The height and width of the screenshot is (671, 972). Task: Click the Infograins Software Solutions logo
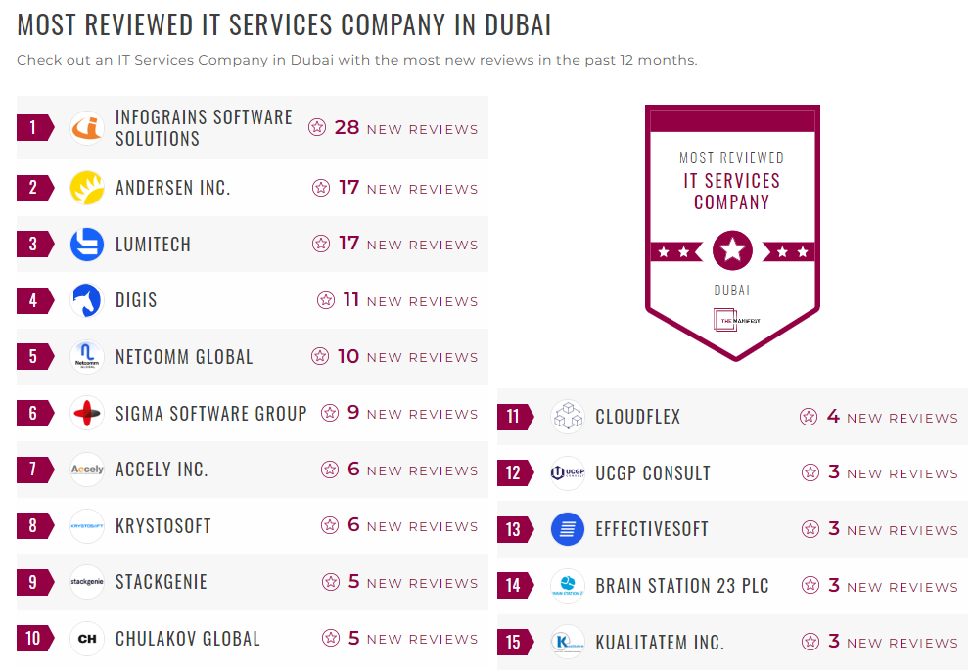point(87,128)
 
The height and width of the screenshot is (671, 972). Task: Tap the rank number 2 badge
point(33,188)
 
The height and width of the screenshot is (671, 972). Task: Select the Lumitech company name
point(153,245)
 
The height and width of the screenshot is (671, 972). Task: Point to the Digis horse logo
point(87,300)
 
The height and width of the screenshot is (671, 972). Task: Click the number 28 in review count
point(347,127)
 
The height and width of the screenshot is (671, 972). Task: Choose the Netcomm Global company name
point(184,357)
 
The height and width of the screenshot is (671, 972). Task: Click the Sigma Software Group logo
point(87,413)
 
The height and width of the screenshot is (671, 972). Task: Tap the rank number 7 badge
point(33,470)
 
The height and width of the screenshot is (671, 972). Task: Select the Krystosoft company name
point(163,525)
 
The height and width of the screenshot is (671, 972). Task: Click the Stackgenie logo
point(87,582)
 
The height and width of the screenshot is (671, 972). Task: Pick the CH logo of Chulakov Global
point(87,639)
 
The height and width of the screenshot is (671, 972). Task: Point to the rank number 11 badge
point(513,417)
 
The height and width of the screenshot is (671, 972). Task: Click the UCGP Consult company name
point(653,473)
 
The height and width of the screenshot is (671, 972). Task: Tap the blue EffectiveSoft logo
point(568,529)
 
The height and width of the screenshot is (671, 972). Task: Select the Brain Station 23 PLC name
point(682,586)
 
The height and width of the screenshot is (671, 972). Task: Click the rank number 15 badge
point(513,643)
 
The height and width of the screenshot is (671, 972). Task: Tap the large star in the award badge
point(732,251)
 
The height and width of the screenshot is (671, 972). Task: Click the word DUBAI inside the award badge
point(732,291)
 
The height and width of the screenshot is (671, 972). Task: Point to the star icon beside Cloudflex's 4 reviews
point(809,417)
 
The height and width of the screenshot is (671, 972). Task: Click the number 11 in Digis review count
point(351,300)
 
